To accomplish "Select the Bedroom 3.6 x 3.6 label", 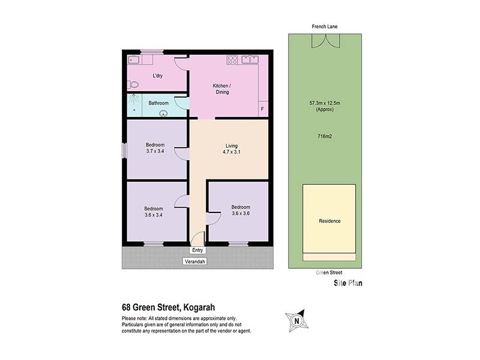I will (241, 211).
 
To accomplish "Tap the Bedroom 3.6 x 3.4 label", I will (154, 212).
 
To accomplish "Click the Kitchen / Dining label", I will (222, 89).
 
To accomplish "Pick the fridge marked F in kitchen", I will (262, 109).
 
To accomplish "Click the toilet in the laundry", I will (133, 85).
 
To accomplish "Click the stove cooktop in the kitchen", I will (232, 59).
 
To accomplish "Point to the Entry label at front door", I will (197, 250).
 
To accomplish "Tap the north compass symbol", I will (296, 320).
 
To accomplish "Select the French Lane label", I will (323, 26).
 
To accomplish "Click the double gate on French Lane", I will (323, 42).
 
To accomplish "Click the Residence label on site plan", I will (329, 221).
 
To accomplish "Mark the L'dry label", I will (158, 76).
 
